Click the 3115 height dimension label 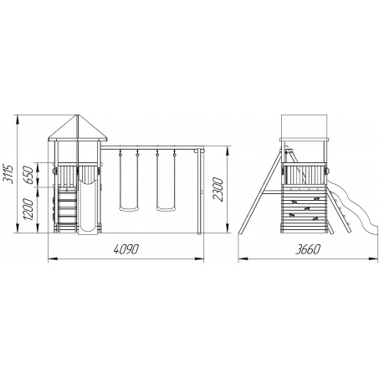pyautogui.click(x=8, y=174)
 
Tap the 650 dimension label pyautogui.click(x=28, y=175)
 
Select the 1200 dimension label pyautogui.click(x=28, y=209)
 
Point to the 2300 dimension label pyautogui.click(x=218, y=189)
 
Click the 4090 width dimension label pyautogui.click(x=126, y=249)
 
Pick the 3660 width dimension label pyautogui.click(x=308, y=249)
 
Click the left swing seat pyautogui.click(x=129, y=208)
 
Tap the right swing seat pyautogui.click(x=166, y=208)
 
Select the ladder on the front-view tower pyautogui.click(x=67, y=207)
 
